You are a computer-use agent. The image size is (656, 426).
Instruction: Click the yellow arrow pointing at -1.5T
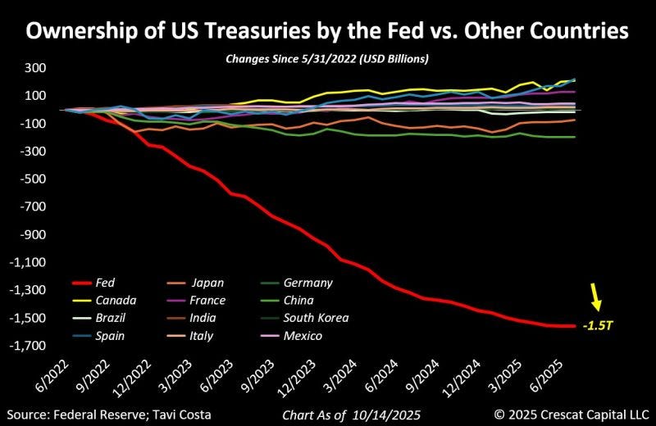point(596,297)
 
